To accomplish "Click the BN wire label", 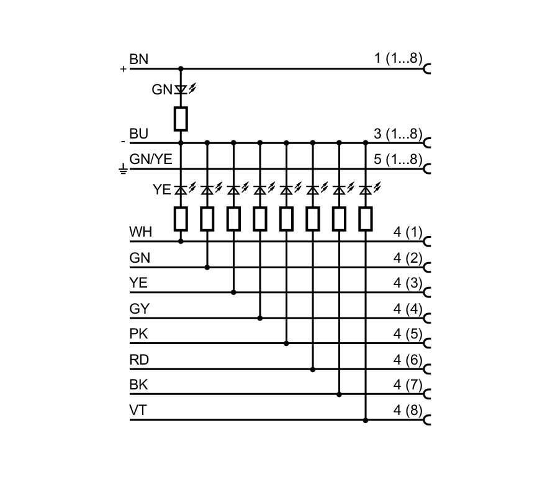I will pyautogui.click(x=138, y=60).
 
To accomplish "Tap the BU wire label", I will pyautogui.click(x=138, y=134).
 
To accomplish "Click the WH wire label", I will pyautogui.click(x=140, y=233).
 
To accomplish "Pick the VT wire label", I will pyautogui.click(x=138, y=411).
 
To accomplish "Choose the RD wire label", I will pyautogui.click(x=139, y=360).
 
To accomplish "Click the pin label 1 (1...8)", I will pyautogui.click(x=398, y=60).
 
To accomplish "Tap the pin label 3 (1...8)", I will pyautogui.click(x=398, y=134).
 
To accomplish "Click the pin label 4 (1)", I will pyautogui.click(x=408, y=233).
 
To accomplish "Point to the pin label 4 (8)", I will pyautogui.click(x=408, y=411).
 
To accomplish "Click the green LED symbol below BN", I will pyautogui.click(x=181, y=90).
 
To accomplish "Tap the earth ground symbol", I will pyautogui.click(x=123, y=169).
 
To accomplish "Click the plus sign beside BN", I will pyautogui.click(x=123, y=69).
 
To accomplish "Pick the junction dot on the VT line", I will pyautogui.click(x=365, y=420).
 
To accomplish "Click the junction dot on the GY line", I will pyautogui.click(x=259, y=318).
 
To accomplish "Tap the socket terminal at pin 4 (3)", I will pyautogui.click(x=427, y=293).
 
